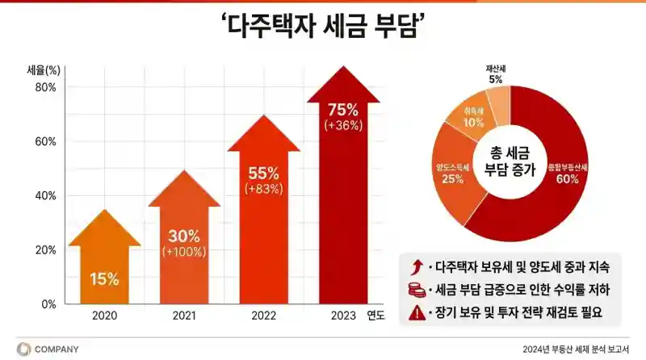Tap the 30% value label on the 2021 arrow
coord(184,236)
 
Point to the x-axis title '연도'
coord(376,315)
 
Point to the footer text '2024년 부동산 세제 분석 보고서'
coord(576,350)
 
